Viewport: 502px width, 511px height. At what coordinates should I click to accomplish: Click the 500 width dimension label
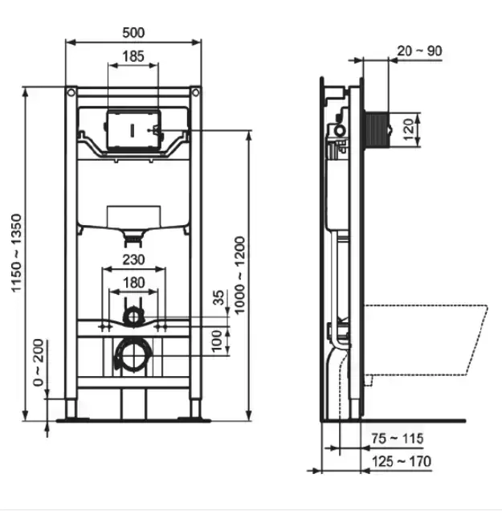[x=133, y=33]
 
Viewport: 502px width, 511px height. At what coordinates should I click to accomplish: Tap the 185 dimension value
[x=133, y=56]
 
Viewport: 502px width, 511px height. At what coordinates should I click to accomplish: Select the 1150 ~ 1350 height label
[x=16, y=253]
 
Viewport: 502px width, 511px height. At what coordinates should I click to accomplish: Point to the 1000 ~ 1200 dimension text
[x=239, y=276]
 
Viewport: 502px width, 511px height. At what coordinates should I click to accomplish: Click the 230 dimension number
[x=133, y=260]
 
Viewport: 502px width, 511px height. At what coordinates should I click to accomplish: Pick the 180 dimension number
[x=133, y=283]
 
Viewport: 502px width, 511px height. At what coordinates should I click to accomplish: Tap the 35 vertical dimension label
[x=218, y=297]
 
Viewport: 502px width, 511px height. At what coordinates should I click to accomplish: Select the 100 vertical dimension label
[x=217, y=341]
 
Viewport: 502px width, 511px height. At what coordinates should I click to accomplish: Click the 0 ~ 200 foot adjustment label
[x=38, y=362]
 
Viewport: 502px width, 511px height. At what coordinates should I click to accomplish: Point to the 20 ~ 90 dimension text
[x=419, y=51]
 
